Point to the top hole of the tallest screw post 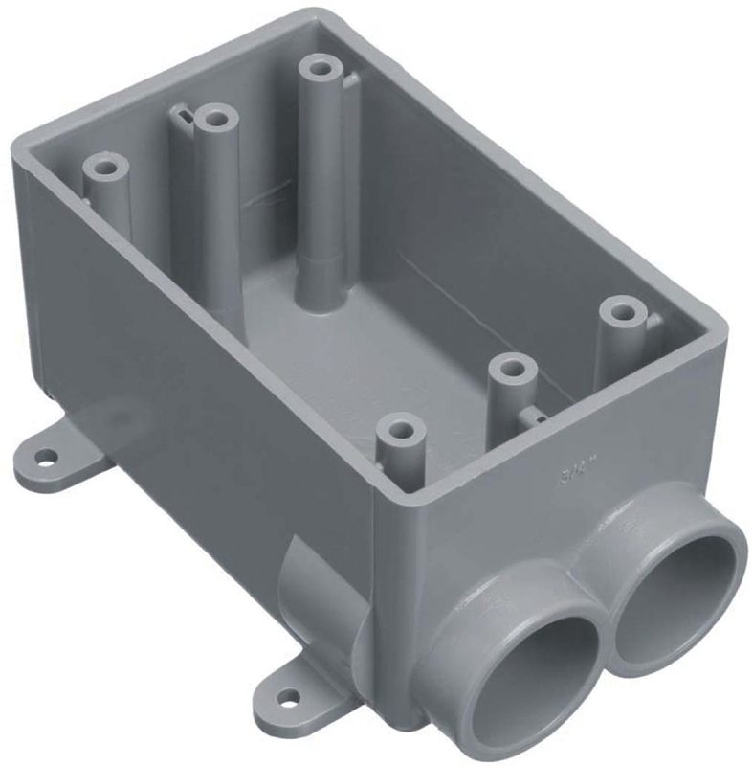click(320, 70)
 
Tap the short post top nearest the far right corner click(623, 311)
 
